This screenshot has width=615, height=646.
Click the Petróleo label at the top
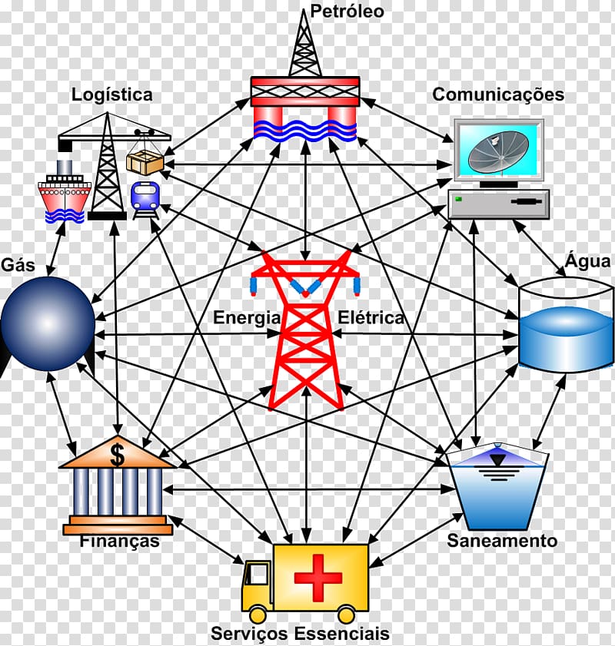click(347, 12)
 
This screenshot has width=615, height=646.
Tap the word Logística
click(112, 94)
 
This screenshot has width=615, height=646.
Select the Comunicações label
click(498, 94)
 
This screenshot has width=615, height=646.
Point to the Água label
click(588, 261)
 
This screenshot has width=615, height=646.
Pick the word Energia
click(247, 317)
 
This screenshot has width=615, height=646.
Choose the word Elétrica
click(371, 317)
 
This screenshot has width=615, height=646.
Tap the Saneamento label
click(502, 541)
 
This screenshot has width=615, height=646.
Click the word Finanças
click(119, 542)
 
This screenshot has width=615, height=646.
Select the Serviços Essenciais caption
click(301, 634)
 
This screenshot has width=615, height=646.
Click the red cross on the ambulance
click(318, 578)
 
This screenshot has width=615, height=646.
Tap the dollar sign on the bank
click(117, 454)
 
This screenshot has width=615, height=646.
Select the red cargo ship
click(65, 195)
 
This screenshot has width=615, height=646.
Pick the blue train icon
click(145, 197)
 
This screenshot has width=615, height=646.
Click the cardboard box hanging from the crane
click(145, 161)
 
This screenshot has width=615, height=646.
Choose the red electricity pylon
click(306, 330)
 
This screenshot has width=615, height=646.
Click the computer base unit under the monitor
click(499, 204)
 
